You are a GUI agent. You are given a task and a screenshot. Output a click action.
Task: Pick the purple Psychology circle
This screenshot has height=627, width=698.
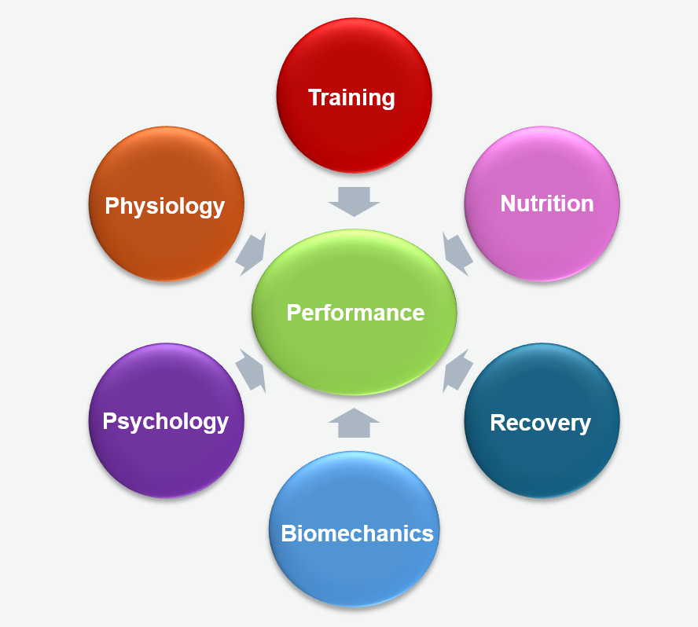tap(167, 464)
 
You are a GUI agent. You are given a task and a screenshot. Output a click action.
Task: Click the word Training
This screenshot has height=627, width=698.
tap(351, 98)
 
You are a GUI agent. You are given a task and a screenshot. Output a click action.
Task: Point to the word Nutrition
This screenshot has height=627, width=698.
tap(547, 204)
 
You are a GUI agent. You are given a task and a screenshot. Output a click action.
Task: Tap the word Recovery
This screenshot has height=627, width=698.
tap(541, 423)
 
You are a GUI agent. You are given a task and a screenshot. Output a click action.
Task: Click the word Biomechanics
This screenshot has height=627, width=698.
tap(358, 534)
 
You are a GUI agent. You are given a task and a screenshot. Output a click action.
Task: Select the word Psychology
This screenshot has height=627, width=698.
tap(166, 421)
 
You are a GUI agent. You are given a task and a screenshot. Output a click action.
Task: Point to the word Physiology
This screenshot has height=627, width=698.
tap(165, 207)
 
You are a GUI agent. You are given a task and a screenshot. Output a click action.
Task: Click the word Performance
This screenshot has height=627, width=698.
tap(355, 313)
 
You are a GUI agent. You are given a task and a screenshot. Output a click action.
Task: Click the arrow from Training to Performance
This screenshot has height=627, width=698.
tap(354, 201)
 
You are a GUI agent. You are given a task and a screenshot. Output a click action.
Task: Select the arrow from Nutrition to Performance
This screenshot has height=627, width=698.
tap(457, 252)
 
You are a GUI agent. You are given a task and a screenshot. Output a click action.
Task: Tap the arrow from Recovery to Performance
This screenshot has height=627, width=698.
tap(457, 371)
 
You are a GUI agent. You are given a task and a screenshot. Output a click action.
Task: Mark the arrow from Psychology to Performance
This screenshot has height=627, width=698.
tap(252, 370)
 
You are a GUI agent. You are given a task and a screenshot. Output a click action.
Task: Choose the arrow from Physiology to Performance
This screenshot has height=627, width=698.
tap(252, 253)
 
